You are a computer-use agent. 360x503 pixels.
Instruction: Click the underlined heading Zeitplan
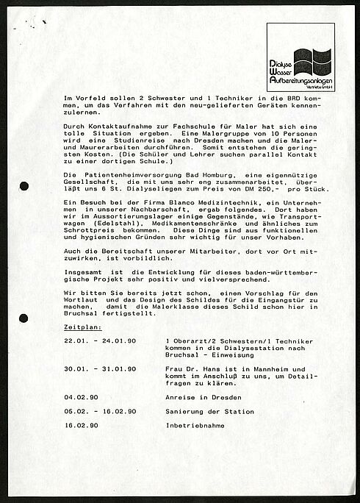tap(82, 327)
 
